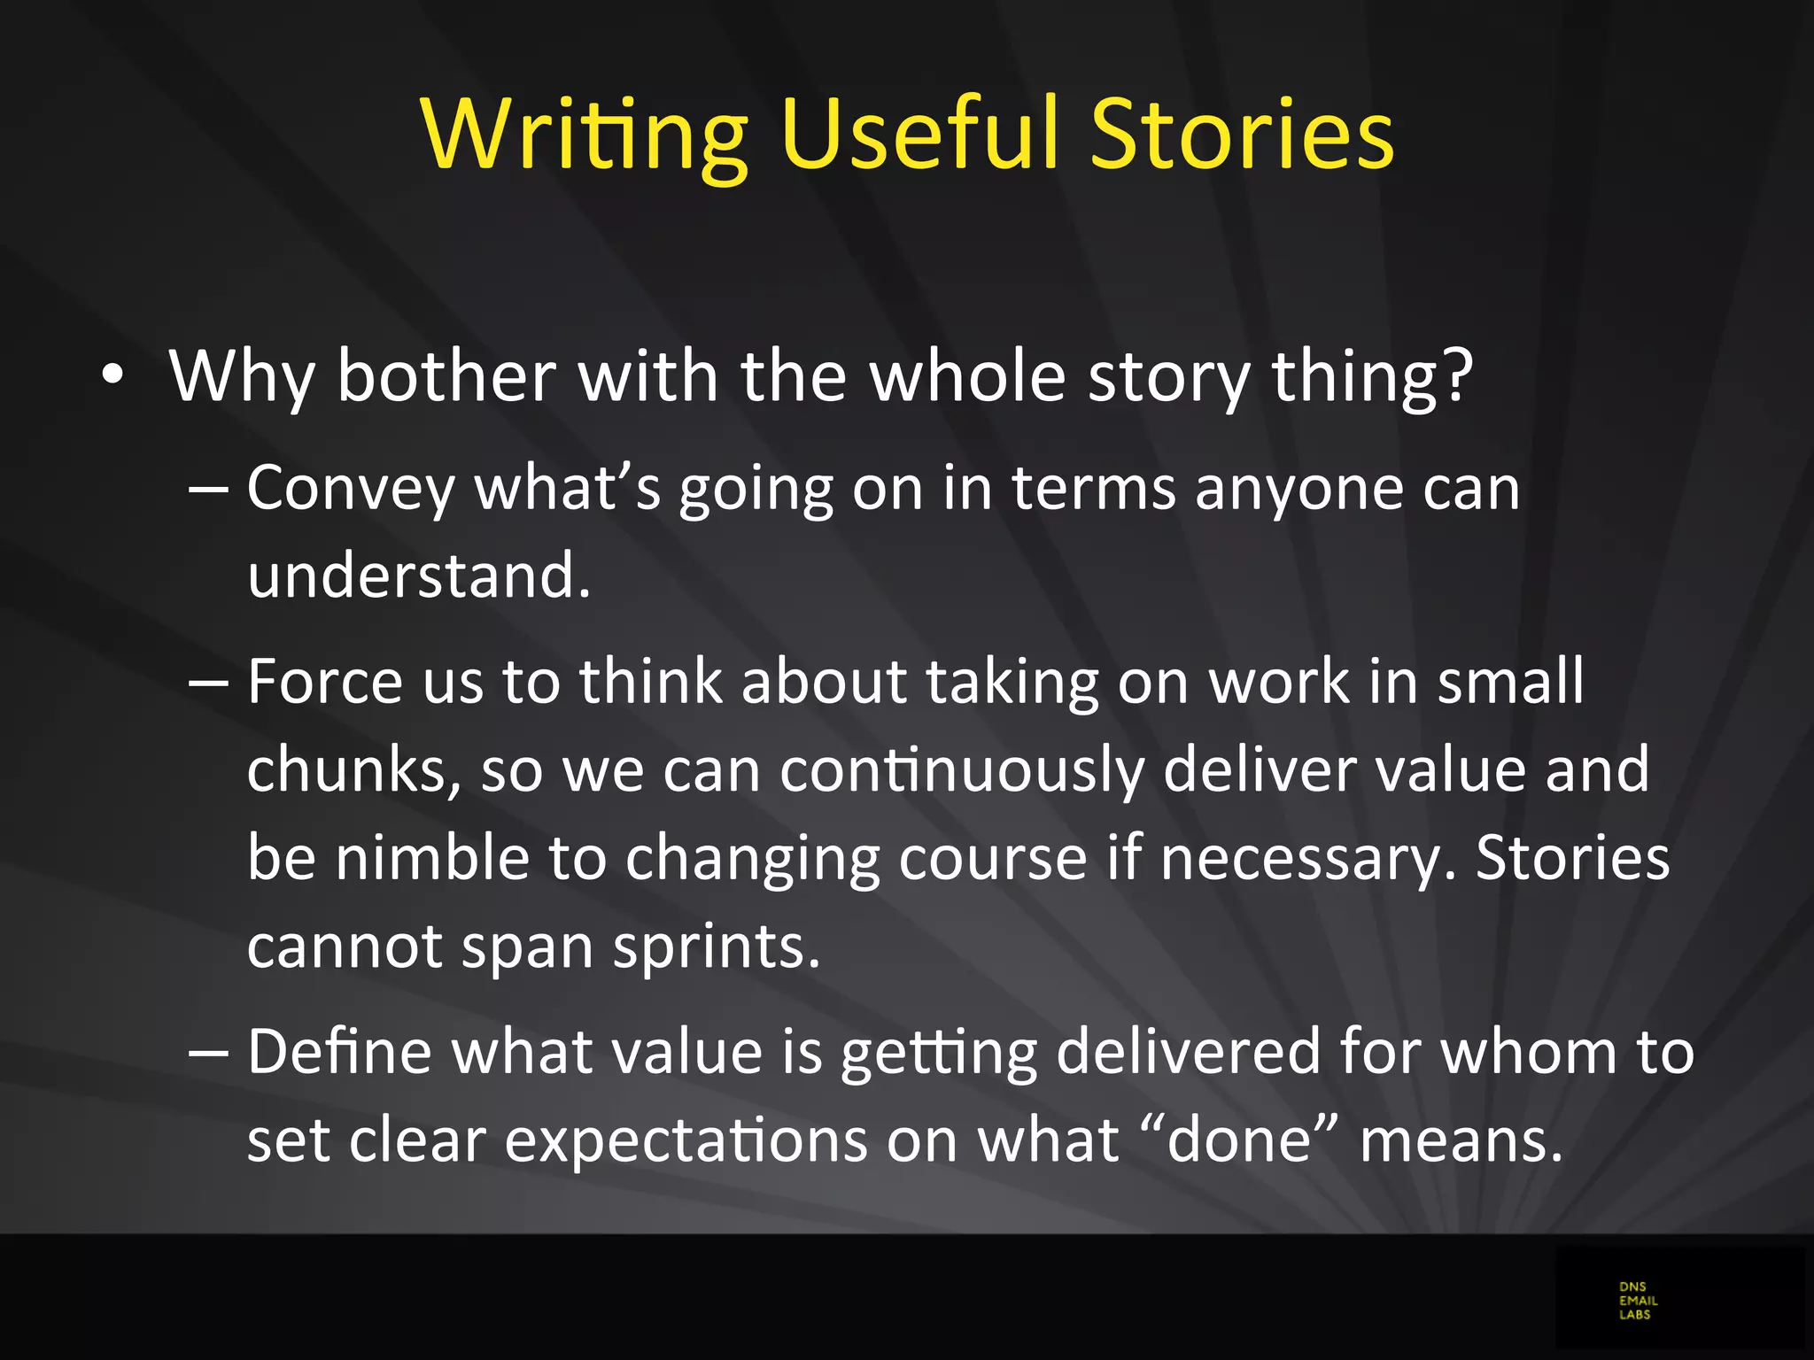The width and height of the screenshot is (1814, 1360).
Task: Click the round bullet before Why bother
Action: [112, 375]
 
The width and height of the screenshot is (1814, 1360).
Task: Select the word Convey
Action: [350, 489]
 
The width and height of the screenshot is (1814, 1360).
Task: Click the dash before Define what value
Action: [210, 1054]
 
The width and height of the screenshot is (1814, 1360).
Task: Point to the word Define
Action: [338, 1052]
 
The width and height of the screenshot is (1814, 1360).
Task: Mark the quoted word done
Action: [1238, 1140]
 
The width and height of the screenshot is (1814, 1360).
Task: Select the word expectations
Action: [686, 1142]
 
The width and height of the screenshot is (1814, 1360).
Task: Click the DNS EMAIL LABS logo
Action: [1638, 1300]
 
